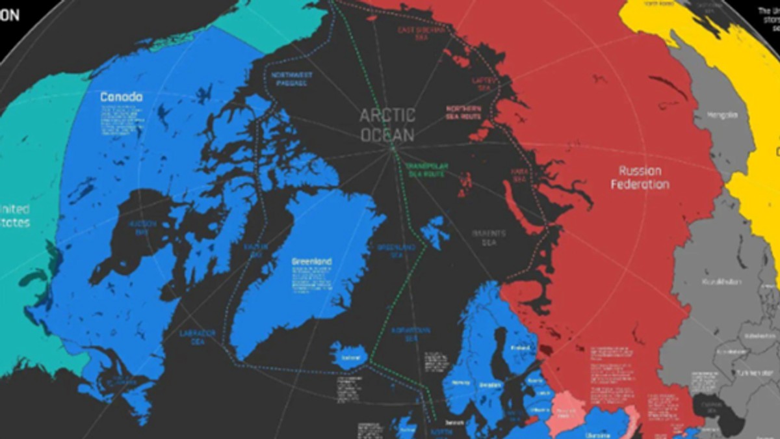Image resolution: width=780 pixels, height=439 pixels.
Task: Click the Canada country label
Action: [121, 97]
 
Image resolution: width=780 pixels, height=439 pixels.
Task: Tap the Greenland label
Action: [312, 261]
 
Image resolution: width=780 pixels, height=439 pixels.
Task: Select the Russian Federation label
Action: [640, 178]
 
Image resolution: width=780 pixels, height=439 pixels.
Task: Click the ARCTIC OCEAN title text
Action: [388, 124]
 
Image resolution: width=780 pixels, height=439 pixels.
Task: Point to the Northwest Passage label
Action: [292, 79]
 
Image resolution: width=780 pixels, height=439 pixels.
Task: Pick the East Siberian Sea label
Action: [422, 33]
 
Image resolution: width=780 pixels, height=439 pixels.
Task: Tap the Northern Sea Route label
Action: [463, 113]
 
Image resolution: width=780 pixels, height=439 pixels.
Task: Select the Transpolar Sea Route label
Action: [426, 170]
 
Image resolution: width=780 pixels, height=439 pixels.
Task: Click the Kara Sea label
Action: [518, 175]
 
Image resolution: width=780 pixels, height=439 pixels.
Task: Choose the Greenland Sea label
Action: [396, 252]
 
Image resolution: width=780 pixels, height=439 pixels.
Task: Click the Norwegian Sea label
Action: [411, 334]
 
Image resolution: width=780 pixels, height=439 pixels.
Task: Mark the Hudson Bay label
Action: [142, 228]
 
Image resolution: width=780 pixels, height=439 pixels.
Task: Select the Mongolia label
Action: [723, 115]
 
